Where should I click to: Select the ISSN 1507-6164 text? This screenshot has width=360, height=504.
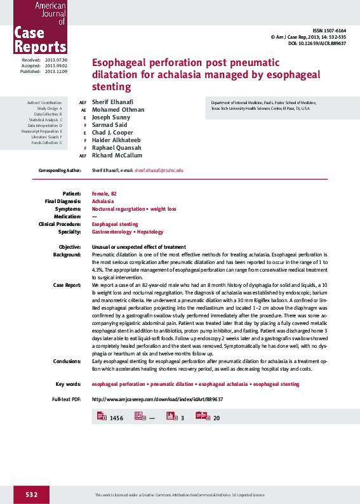click(x=330, y=31)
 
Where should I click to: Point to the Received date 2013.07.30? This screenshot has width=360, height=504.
click(x=56, y=60)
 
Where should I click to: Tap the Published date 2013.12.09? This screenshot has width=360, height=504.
click(x=56, y=71)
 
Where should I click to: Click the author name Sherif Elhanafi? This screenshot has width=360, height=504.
click(x=113, y=102)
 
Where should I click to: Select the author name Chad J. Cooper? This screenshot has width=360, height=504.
click(x=113, y=132)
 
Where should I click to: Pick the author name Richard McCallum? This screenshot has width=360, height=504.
click(x=117, y=155)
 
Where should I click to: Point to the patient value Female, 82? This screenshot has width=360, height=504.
click(x=105, y=193)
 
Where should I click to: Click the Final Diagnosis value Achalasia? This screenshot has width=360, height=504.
click(x=103, y=201)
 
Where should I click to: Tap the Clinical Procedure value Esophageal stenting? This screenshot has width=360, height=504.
click(x=115, y=224)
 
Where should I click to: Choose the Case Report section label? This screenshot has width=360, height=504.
click(x=67, y=286)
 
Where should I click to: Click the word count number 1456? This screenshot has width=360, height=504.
click(x=116, y=418)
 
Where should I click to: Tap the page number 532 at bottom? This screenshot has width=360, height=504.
click(x=32, y=494)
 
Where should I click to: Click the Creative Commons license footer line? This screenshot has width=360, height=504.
click(x=180, y=494)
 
